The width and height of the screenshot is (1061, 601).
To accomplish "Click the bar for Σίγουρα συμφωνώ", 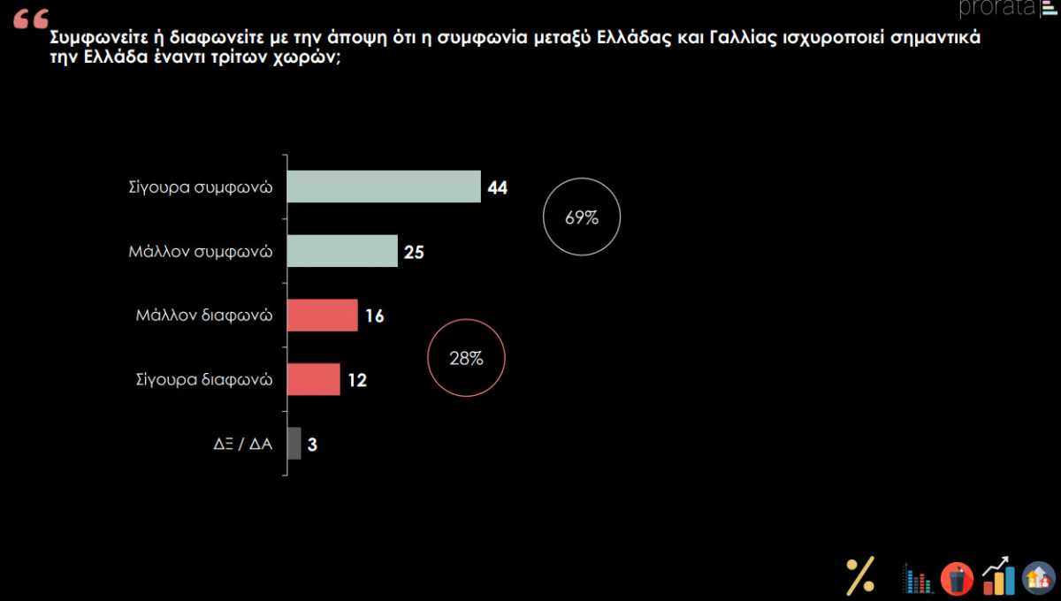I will click(385, 187).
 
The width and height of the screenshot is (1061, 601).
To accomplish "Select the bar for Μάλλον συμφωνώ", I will click(343, 252).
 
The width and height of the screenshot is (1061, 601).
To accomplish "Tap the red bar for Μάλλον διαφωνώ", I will click(323, 316).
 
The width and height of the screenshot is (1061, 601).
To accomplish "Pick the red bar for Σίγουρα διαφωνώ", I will click(314, 380).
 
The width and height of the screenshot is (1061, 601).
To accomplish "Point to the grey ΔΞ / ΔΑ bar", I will click(294, 444).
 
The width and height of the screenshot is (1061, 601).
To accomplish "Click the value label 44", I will click(497, 188).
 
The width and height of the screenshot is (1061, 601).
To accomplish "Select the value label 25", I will click(414, 253).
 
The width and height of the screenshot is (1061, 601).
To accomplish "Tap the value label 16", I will click(374, 316).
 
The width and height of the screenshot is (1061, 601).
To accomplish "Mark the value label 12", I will click(356, 381).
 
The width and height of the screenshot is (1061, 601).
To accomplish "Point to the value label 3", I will click(312, 445).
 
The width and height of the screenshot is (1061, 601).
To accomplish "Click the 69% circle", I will click(581, 217).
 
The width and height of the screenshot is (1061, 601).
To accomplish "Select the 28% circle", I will click(466, 358).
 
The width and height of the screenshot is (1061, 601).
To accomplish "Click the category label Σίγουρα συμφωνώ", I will click(199, 188).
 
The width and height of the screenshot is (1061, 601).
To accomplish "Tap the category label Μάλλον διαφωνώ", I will click(203, 316).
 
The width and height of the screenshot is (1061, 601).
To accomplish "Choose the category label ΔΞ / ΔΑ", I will click(236, 445).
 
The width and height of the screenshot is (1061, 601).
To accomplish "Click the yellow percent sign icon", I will click(859, 576).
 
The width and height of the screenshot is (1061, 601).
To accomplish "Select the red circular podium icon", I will click(957, 579).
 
